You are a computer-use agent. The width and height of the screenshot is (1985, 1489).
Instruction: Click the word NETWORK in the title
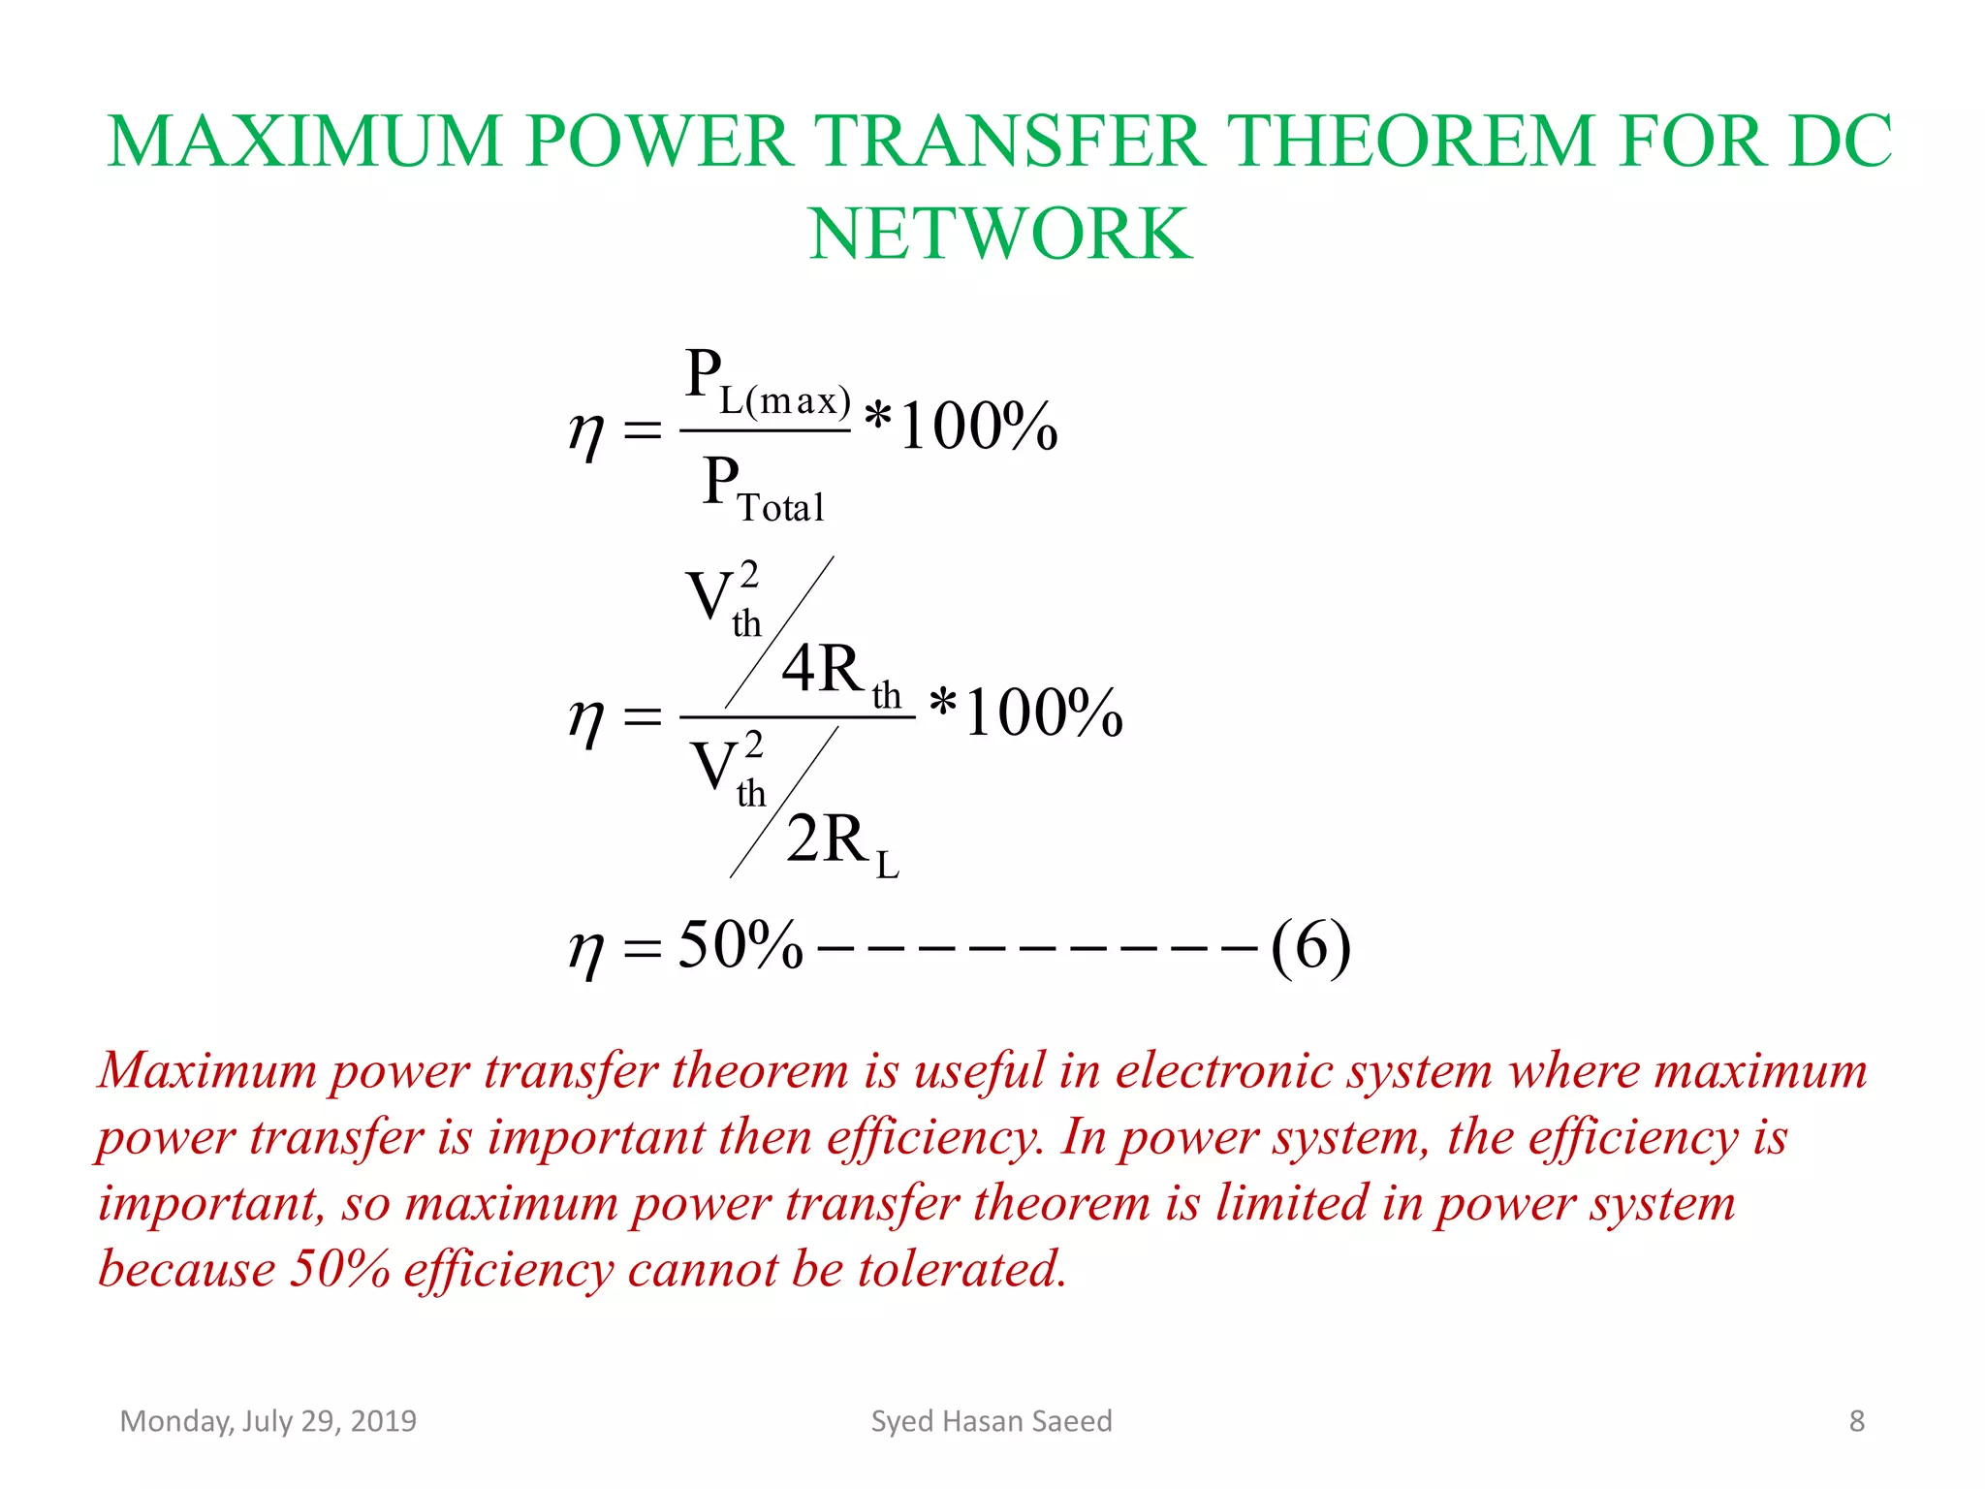[x=1000, y=235]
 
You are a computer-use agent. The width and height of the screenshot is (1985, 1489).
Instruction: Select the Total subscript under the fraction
[x=781, y=507]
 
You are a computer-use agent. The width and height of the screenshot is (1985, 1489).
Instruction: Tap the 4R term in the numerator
[x=822, y=669]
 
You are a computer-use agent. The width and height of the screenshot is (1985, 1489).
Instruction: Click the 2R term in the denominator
[x=827, y=839]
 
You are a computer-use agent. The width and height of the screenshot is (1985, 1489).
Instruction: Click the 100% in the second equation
[x=1044, y=713]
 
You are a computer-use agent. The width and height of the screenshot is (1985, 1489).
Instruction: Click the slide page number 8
[x=1856, y=1421]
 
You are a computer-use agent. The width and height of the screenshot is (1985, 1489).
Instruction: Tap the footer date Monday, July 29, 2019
[x=268, y=1421]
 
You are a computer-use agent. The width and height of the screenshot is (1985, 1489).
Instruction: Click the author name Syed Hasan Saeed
[x=992, y=1421]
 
